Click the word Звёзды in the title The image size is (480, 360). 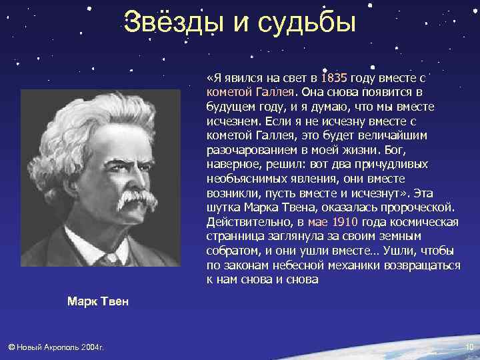(x=169, y=22)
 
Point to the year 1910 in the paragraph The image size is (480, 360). (x=345, y=221)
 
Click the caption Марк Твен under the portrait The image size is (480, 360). (x=97, y=302)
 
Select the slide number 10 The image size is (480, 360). (x=468, y=347)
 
